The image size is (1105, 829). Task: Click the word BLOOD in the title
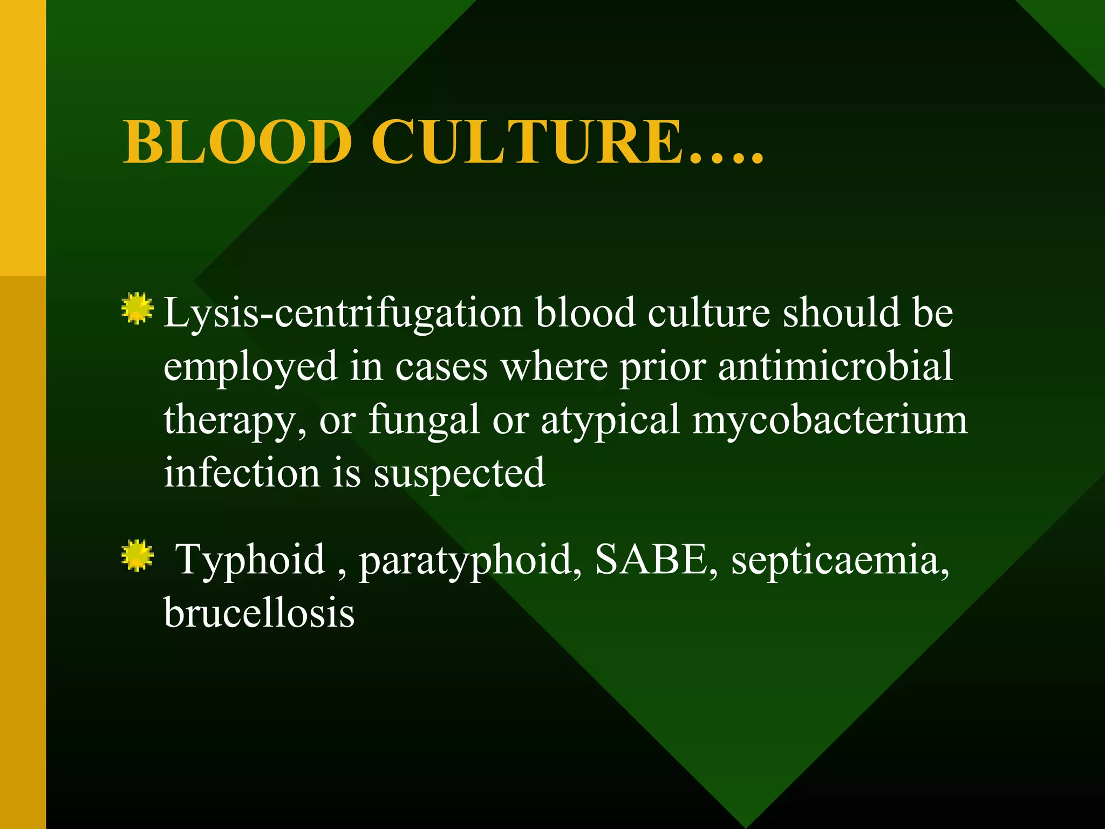click(x=237, y=142)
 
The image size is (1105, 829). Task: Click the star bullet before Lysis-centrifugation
click(x=137, y=309)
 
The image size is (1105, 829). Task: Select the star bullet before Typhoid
click(x=137, y=555)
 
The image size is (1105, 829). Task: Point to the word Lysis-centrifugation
click(x=343, y=313)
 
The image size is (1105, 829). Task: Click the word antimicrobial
click(x=835, y=366)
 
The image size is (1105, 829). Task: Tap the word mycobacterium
click(x=830, y=420)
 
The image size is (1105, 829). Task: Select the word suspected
click(x=459, y=473)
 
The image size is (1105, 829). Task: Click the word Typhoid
click(x=251, y=559)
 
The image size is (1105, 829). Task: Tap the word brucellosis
click(x=259, y=613)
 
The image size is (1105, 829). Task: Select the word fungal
click(x=424, y=420)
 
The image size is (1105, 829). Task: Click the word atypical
click(x=610, y=420)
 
